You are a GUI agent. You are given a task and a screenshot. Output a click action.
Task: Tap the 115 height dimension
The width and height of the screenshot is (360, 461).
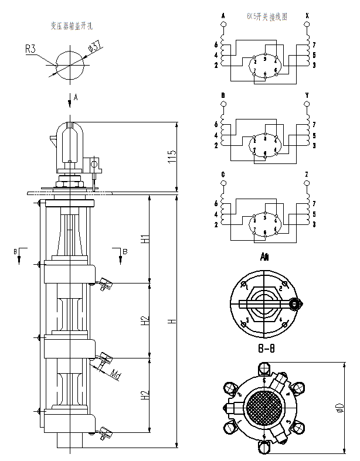pos(172,156)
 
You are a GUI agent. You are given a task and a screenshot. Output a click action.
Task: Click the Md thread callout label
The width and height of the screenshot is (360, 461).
pos(116,375)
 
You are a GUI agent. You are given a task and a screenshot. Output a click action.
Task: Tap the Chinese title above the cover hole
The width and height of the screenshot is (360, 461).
pos(71,26)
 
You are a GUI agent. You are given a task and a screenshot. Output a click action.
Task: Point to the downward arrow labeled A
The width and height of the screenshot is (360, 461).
pos(70,100)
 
